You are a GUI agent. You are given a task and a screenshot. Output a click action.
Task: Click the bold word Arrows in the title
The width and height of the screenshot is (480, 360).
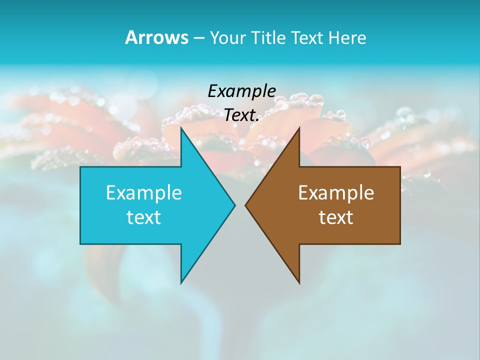pyautogui.click(x=156, y=37)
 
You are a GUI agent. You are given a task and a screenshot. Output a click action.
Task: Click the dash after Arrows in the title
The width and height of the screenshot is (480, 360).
pyautogui.click(x=198, y=38)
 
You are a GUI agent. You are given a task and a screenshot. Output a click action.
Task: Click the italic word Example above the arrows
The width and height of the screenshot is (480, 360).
pyautogui.click(x=241, y=92)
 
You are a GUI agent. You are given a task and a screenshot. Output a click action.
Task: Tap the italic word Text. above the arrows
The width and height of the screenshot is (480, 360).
pyautogui.click(x=241, y=115)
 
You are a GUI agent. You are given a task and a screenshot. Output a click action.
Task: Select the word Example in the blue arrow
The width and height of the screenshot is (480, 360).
pyautogui.click(x=144, y=193)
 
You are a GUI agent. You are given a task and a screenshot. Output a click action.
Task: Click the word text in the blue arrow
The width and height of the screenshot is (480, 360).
pyautogui.click(x=144, y=217)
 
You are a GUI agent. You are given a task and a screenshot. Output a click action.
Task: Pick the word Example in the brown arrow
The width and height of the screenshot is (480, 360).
pyautogui.click(x=336, y=193)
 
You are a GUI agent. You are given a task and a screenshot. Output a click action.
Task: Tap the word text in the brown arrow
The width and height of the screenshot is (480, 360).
pyautogui.click(x=336, y=217)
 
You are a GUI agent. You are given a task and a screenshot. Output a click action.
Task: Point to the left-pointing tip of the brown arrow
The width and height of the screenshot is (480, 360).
pyautogui.click(x=246, y=205)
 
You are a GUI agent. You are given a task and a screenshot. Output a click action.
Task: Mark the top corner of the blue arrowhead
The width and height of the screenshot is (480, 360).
pyautogui.click(x=181, y=128)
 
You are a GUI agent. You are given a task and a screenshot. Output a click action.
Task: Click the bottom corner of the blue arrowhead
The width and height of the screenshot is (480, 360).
pyautogui.click(x=181, y=282)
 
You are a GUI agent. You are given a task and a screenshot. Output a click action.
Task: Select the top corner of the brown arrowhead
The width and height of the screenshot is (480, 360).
pyautogui.click(x=299, y=128)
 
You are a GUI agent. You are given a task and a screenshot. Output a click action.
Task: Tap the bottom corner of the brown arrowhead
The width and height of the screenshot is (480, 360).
pyautogui.click(x=299, y=282)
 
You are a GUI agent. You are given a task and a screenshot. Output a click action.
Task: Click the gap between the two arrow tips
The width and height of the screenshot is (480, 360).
pyautogui.click(x=240, y=205)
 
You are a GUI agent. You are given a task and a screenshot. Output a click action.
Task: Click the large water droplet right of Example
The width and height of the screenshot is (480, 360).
pyautogui.click(x=316, y=100)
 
